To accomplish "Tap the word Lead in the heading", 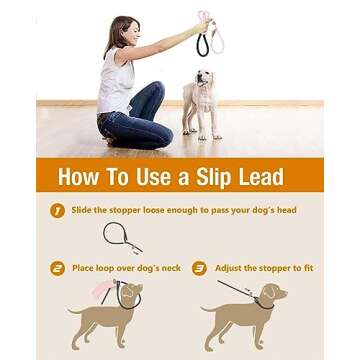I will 258,178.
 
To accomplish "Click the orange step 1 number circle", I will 57,210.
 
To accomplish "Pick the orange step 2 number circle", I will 57,268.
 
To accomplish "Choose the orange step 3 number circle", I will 199,268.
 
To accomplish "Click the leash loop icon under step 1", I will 121,238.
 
